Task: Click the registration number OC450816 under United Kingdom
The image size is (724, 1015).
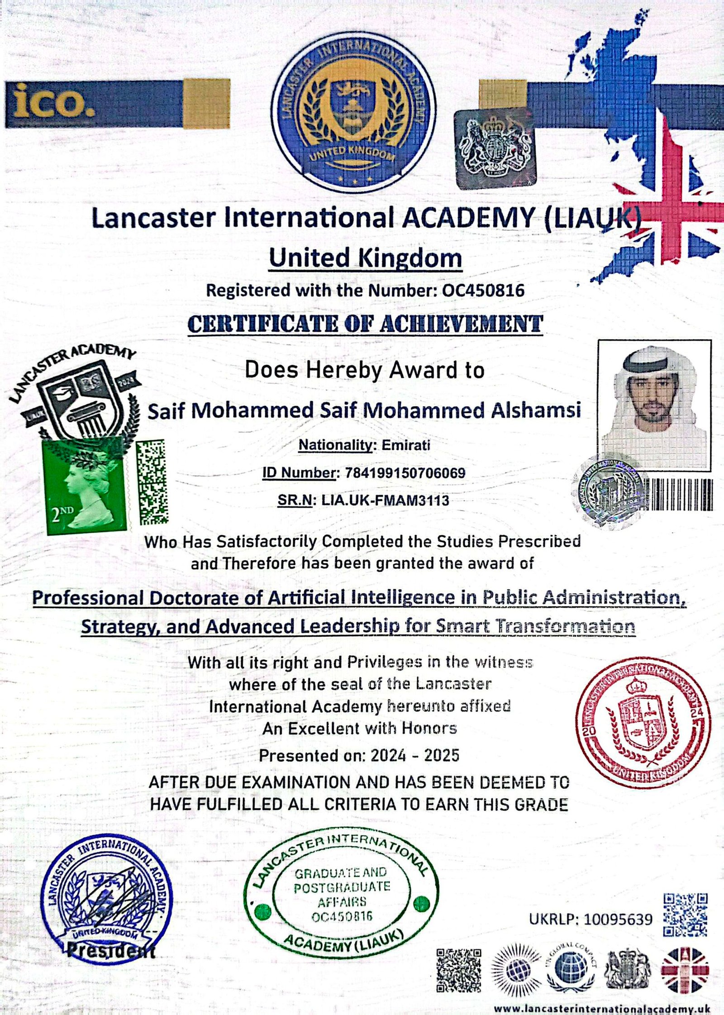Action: point(483,290)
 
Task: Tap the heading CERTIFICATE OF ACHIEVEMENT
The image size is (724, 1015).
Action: point(365,324)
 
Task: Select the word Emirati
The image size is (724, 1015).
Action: point(405,445)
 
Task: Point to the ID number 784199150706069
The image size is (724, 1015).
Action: point(405,473)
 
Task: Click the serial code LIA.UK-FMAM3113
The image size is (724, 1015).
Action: point(385,500)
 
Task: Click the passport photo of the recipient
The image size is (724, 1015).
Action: point(654,404)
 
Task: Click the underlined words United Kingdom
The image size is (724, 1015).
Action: point(366,259)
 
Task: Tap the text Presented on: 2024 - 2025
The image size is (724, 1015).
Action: point(359,755)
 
